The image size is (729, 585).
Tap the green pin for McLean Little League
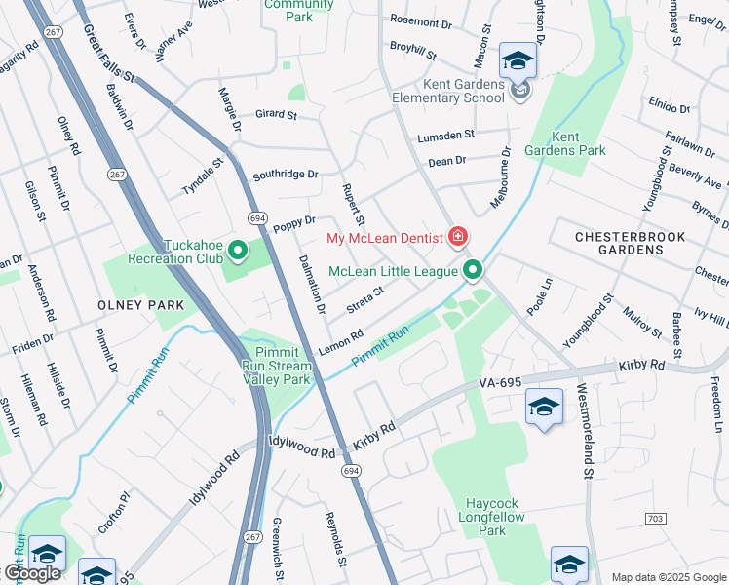point(473,270)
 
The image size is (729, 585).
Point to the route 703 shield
point(656,518)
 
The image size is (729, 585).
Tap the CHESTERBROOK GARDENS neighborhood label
point(630,243)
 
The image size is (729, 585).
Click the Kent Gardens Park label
point(578,143)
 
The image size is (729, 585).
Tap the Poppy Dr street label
point(294,223)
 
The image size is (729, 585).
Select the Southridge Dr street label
point(286,175)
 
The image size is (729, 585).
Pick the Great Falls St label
point(109,54)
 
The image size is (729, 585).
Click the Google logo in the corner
point(32,573)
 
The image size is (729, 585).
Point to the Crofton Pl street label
point(114,512)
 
